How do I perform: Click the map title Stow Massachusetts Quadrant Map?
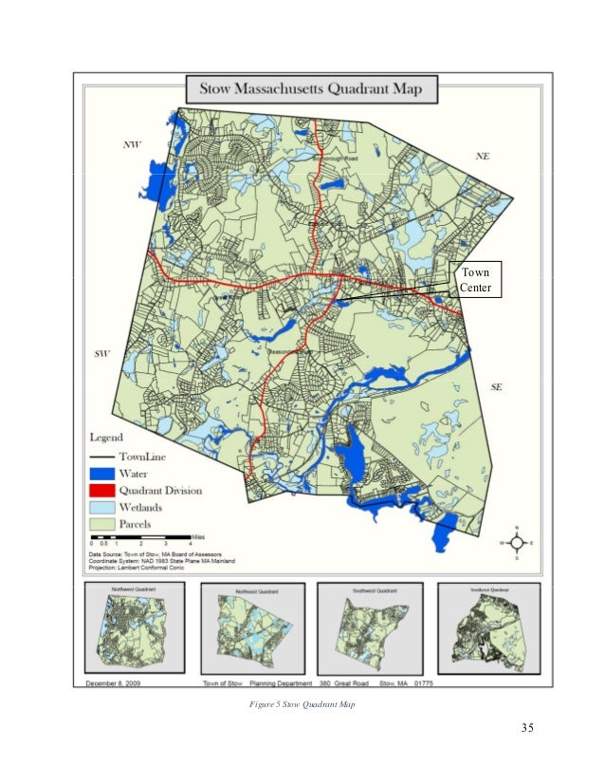311,91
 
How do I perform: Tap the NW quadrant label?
132,145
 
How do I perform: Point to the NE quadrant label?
482,155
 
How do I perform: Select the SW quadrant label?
103,353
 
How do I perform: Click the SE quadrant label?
498,386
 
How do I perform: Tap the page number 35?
527,729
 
